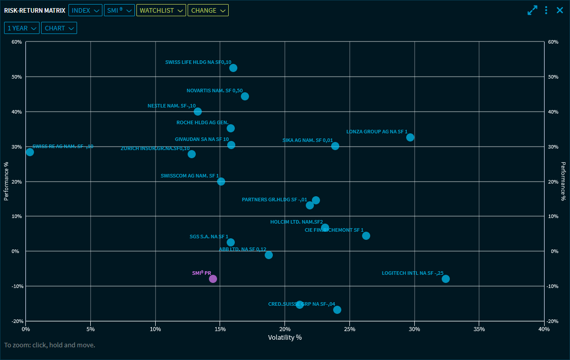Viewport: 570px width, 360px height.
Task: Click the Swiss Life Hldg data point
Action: (233, 68)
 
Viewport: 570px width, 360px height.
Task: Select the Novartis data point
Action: (245, 96)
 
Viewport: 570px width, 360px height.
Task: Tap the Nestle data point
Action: (198, 112)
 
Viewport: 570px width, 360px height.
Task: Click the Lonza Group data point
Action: (410, 137)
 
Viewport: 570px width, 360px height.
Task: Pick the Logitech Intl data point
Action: (446, 279)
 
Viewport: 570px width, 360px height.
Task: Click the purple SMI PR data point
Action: (213, 279)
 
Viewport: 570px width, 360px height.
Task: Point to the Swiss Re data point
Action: (30, 152)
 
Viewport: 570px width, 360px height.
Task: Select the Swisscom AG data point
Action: (221, 182)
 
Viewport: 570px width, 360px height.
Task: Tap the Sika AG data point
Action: (335, 146)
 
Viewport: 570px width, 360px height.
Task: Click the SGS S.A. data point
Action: (231, 242)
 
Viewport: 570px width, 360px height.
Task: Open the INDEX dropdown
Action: (85, 10)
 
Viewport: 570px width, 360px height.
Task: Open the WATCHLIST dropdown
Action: (161, 10)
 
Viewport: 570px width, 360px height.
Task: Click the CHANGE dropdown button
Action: (208, 10)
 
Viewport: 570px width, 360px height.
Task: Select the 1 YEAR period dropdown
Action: (22, 28)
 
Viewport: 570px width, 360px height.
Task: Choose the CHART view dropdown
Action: (59, 28)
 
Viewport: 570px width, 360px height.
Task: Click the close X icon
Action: (560, 10)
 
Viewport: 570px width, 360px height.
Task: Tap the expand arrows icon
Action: (532, 10)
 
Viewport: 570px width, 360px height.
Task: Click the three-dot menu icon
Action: (546, 10)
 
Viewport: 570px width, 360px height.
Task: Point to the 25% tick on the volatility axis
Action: (349, 329)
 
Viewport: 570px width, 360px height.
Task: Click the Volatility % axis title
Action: (284, 338)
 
